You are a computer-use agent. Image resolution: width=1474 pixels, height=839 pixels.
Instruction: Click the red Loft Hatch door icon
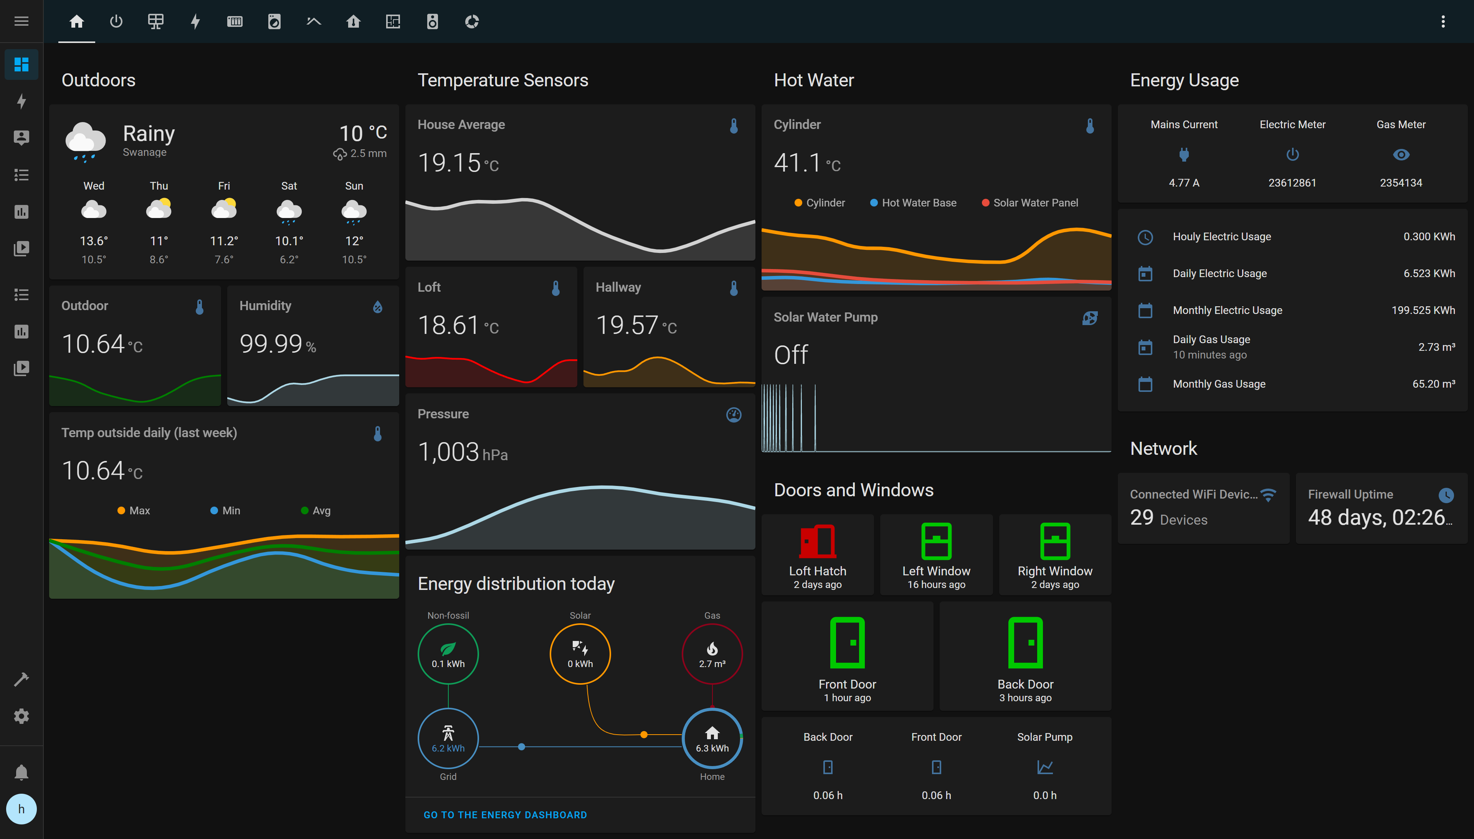(x=817, y=541)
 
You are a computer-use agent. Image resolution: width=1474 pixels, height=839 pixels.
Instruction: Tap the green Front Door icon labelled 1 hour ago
(x=847, y=642)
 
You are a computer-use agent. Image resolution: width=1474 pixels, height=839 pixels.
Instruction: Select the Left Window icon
(x=936, y=541)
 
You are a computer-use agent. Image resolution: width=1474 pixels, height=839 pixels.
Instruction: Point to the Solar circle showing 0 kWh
(x=580, y=654)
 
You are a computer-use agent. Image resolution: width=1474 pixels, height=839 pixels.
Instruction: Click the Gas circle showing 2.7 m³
(x=712, y=654)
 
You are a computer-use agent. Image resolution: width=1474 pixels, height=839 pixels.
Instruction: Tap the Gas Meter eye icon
(x=1401, y=154)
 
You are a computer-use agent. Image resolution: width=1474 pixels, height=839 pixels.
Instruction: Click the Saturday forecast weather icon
(x=289, y=211)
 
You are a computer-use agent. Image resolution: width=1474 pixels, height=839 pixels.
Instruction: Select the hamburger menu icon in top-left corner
(x=21, y=21)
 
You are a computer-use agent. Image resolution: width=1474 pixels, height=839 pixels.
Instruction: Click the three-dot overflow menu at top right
(x=1443, y=21)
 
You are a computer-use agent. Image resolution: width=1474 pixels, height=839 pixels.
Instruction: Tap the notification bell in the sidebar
(x=21, y=772)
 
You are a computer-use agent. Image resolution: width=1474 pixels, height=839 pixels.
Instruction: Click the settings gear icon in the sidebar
(x=21, y=716)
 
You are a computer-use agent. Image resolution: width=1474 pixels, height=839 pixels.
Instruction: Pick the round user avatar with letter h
(x=21, y=809)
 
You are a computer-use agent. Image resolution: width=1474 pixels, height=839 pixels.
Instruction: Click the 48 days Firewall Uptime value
(x=1379, y=517)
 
